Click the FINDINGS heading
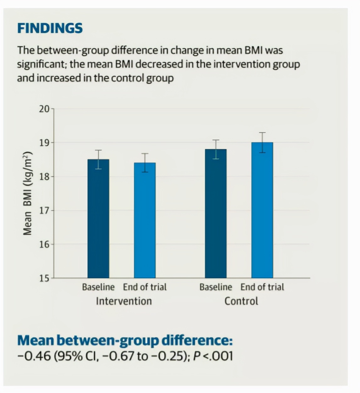(x=50, y=28)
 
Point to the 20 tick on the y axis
(x=44, y=109)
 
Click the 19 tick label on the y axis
(x=44, y=143)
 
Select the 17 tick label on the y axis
(x=44, y=210)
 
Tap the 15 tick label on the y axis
(x=44, y=278)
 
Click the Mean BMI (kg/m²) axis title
(x=28, y=193)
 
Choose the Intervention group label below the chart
(x=124, y=301)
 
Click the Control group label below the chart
(x=241, y=301)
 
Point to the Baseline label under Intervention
(x=98, y=287)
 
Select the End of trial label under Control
(x=262, y=287)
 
